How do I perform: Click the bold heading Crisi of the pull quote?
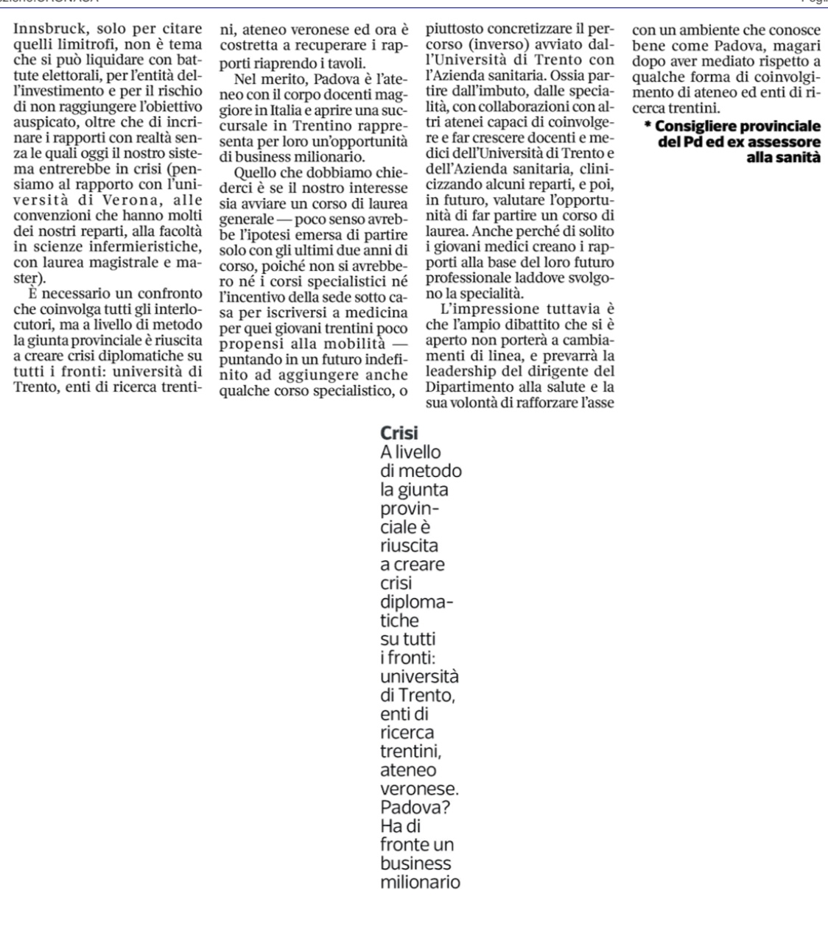(399, 434)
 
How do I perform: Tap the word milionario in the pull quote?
(420, 882)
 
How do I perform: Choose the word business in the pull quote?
(415, 863)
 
